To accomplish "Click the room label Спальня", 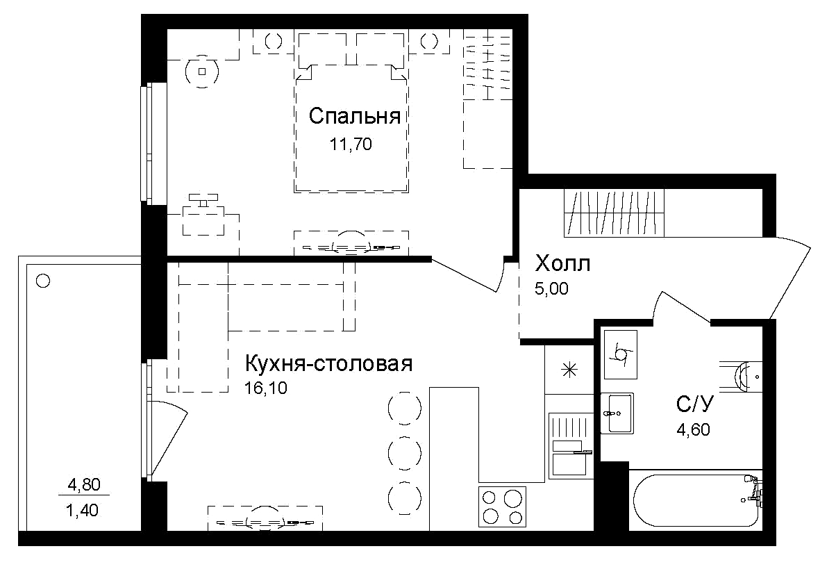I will click(354, 116).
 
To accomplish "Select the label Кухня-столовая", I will click(328, 363).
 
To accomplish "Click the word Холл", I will click(562, 264).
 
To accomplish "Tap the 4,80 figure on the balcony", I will click(83, 484).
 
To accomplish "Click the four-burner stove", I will click(502, 507).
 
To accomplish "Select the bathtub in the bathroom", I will click(694, 501).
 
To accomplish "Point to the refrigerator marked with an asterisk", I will click(568, 370).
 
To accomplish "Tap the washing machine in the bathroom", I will click(620, 354).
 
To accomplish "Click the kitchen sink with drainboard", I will click(569, 445).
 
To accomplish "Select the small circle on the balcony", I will click(43, 281).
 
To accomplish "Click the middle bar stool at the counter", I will click(404, 452).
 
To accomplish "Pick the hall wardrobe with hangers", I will click(614, 212).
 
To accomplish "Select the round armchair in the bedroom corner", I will click(202, 71).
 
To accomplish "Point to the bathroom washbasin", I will click(616, 413).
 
